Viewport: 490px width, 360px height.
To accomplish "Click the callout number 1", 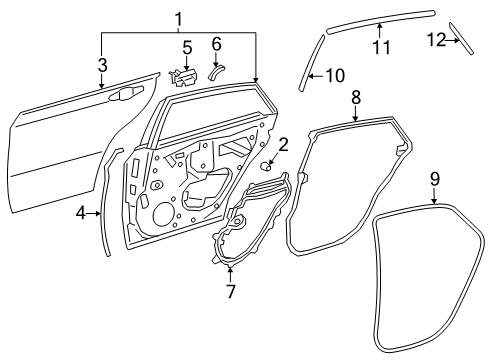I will pos(179,18).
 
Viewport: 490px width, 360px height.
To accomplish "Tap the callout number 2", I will pos(283,145).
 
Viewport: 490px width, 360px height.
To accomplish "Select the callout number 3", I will pos(102,64).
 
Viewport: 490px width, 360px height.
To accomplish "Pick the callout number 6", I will pos(216,43).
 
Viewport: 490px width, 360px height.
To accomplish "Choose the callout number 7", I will pos(230,292).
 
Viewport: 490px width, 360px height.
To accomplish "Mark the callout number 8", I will pos(356,96).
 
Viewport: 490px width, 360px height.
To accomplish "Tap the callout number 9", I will pos(435,180).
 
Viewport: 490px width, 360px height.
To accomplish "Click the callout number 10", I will pos(335,75).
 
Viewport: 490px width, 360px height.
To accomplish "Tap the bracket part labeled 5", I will pos(184,74).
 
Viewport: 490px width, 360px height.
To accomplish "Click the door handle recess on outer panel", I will pos(125,94).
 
